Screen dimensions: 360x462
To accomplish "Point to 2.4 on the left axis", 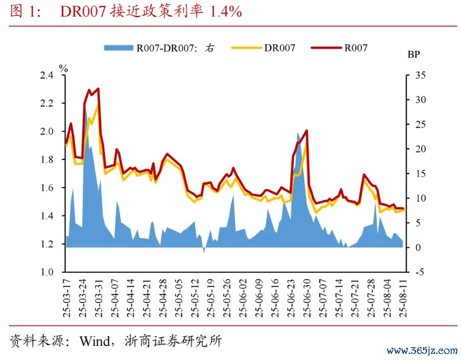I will coord(47,75).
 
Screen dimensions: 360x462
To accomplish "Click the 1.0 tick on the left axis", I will coord(47,272).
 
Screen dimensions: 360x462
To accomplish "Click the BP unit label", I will coord(415,55).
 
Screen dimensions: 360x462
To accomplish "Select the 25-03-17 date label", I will coord(66,297).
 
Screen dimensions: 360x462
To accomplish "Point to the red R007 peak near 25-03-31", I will coord(98,89).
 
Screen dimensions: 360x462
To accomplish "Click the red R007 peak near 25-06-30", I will coord(306,130).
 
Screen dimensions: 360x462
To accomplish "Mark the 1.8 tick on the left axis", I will coord(47,159).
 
